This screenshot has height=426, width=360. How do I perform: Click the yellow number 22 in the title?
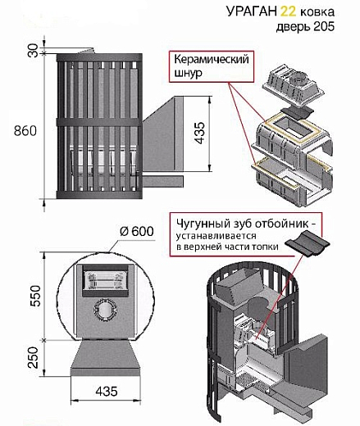coord(288,11)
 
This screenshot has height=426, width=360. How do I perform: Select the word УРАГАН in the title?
coord(252,11)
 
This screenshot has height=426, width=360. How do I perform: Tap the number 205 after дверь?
coord(324,26)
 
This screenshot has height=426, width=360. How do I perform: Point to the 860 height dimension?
coord(25,131)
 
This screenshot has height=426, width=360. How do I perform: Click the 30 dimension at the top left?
coord(34,50)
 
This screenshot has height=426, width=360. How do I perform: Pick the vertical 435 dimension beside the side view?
coord(200,133)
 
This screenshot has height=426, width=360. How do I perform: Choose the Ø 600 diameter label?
coord(137,231)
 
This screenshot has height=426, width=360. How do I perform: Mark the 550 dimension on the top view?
coord(35,296)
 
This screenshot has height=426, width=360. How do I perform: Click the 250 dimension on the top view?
coord(34,357)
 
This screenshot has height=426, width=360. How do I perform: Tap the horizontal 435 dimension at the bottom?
coord(107,391)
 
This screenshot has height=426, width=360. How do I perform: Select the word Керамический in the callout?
coord(212,59)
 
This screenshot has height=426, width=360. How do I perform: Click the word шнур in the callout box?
coord(188,73)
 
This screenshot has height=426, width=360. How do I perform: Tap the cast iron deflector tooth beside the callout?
coord(307,242)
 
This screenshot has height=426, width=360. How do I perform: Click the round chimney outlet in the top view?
coord(106,310)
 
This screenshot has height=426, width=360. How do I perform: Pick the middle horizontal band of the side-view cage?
coord(99,122)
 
